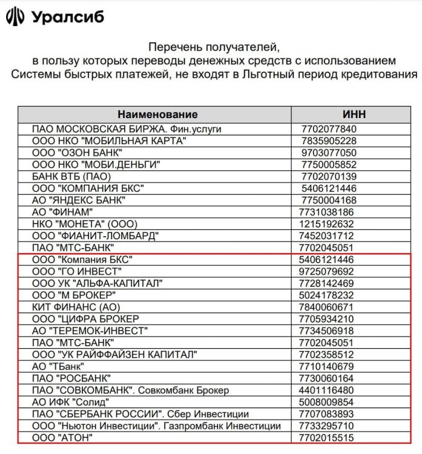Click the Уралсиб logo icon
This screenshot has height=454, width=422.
tap(15, 16)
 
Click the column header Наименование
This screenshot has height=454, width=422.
tap(157, 114)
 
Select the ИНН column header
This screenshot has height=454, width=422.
tap(354, 114)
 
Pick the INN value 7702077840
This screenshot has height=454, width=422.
tap(329, 129)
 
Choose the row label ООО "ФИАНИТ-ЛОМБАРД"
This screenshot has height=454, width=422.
tap(96, 235)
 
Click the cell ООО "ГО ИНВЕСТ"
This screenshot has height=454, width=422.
tap(77, 271)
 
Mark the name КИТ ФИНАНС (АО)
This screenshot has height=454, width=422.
tap(73, 307)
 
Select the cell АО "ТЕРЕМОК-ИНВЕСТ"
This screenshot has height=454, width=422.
tap(90, 331)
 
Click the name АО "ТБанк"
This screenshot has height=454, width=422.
tap(58, 366)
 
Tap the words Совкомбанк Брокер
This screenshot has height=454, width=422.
tap(197, 390)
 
